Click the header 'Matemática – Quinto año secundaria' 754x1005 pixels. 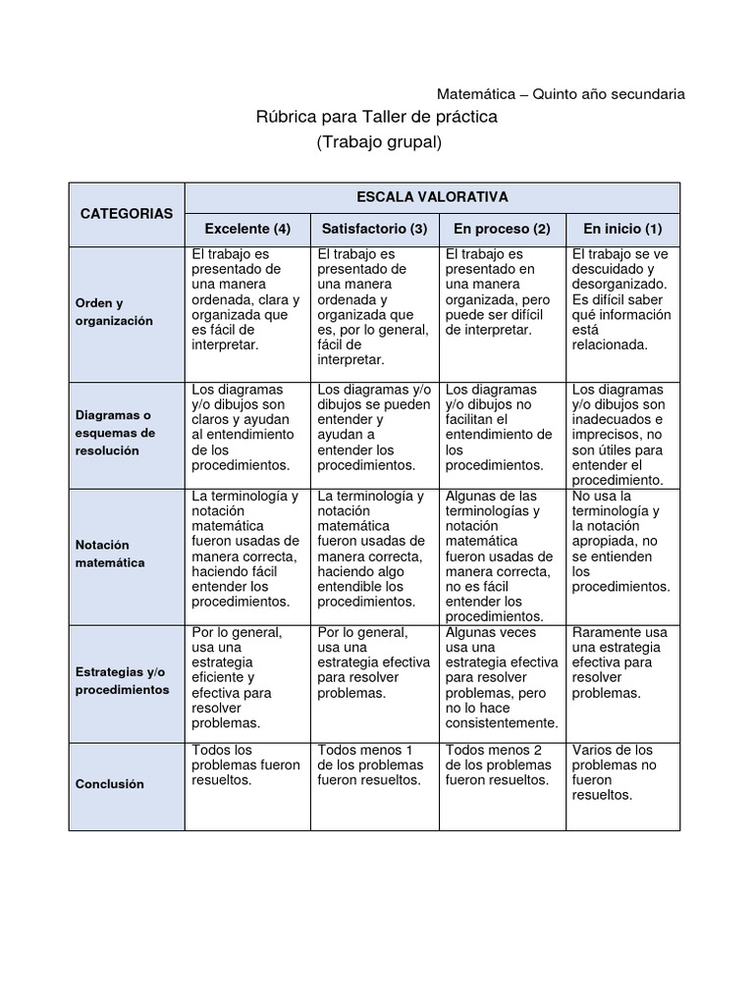click(x=561, y=94)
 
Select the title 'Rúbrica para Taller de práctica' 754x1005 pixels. click(x=377, y=117)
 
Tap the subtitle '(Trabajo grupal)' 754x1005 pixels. click(x=379, y=142)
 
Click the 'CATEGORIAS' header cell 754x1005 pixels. click(x=127, y=213)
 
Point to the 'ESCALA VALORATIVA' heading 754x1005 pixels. click(x=432, y=197)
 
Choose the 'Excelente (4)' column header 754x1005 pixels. click(x=247, y=229)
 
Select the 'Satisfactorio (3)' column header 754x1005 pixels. click(x=374, y=229)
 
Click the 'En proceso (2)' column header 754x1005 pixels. click(x=502, y=229)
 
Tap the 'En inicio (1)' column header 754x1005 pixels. click(x=622, y=229)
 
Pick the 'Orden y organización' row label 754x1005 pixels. click(x=116, y=312)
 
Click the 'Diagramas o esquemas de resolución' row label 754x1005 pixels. click(x=115, y=433)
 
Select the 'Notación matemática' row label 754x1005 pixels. click(x=110, y=554)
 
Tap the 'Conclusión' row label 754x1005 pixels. click(x=110, y=784)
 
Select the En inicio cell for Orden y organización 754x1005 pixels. click(x=621, y=299)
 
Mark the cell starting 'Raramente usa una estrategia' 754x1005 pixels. click(x=621, y=662)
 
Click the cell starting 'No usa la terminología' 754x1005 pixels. click(x=621, y=541)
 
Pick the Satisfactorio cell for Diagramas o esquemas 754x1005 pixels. click(x=374, y=427)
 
